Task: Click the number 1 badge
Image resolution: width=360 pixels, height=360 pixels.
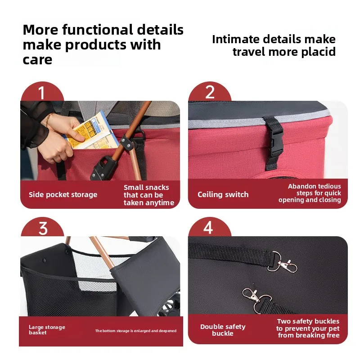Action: coord(42,93)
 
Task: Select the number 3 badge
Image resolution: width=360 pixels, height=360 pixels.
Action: coord(43,228)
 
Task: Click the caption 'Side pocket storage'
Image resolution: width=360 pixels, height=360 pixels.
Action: coord(63,195)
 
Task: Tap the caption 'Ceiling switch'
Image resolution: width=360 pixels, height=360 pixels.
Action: coord(223,194)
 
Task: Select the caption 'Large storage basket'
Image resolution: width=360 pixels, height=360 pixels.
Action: coord(47,330)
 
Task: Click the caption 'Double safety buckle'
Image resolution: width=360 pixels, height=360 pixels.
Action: coord(223,330)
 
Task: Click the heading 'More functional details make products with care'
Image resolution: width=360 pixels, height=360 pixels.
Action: coord(103,45)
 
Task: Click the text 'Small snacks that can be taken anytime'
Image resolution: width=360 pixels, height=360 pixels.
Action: coord(148,195)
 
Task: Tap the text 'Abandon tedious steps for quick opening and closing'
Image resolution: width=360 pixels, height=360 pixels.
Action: coord(310,193)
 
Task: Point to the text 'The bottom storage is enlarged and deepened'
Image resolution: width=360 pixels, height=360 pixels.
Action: coord(135,331)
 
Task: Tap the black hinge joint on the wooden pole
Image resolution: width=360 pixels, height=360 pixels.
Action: coord(127,141)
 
